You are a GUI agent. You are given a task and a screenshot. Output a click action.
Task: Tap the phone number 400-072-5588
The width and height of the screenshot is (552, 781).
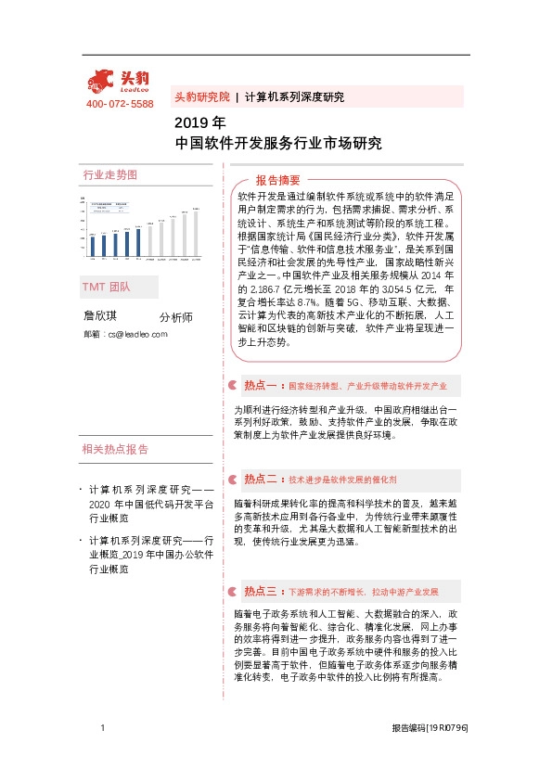click(x=120, y=104)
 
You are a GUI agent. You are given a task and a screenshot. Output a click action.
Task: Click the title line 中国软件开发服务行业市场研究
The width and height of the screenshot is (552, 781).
click(x=278, y=144)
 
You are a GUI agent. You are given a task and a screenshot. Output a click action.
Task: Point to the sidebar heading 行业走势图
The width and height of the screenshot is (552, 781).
click(x=109, y=174)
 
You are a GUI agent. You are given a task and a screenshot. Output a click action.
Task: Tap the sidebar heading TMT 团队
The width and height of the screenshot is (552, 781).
click(x=106, y=288)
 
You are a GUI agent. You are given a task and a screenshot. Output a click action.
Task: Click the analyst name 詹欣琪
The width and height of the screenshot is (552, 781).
click(x=102, y=316)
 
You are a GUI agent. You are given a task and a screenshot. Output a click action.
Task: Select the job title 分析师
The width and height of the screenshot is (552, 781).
click(x=176, y=317)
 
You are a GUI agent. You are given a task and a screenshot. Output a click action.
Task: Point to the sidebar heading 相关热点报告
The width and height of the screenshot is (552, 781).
click(x=115, y=450)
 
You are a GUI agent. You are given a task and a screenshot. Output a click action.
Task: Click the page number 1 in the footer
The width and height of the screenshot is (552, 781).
click(x=101, y=730)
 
